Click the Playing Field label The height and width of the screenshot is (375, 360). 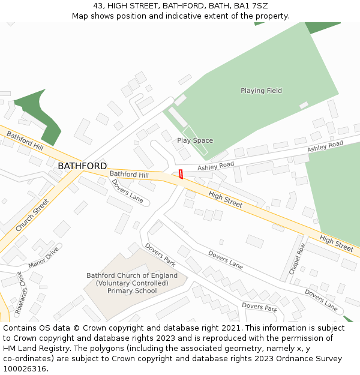pos(261,91)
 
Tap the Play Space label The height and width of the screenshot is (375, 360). pos(195,140)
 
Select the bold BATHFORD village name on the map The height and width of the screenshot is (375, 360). pos(82,166)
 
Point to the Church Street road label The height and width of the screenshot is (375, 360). pos(31,216)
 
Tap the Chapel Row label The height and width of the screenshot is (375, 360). pos(298,259)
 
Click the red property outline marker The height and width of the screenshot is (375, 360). pos(181,174)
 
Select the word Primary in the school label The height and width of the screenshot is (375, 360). pos(120,291)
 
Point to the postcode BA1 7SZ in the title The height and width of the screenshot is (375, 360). pos(251,6)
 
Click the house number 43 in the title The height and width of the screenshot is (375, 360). pos(98,6)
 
